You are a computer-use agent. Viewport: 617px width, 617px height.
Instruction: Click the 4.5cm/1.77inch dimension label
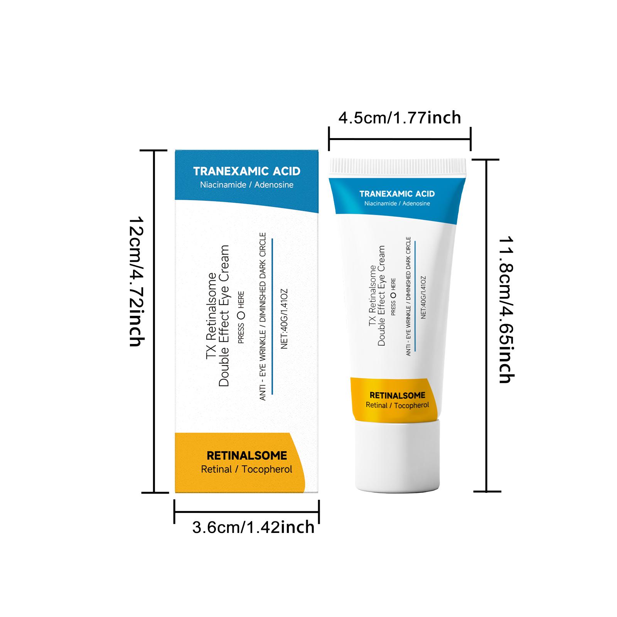(x=400, y=117)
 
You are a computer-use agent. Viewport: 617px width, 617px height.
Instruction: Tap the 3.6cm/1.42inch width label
(x=253, y=527)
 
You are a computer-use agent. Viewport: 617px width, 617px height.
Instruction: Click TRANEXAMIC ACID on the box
(x=246, y=171)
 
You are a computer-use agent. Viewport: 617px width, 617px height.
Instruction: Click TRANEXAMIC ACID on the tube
(x=397, y=194)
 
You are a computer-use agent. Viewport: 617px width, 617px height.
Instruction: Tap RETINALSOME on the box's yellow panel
(x=247, y=455)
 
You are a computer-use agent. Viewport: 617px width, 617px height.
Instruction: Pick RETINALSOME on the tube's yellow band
(x=397, y=395)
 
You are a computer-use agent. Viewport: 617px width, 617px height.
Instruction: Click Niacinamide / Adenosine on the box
(x=246, y=185)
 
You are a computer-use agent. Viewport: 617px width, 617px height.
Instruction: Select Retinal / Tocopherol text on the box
(x=246, y=469)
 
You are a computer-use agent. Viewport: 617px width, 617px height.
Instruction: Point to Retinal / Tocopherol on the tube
(x=397, y=405)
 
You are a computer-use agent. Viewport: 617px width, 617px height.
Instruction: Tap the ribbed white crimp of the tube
(x=398, y=166)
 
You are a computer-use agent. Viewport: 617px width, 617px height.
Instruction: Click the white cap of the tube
(x=397, y=457)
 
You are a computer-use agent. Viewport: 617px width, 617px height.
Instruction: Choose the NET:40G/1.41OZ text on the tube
(x=423, y=297)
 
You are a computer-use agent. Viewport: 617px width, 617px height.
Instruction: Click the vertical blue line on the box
(x=272, y=316)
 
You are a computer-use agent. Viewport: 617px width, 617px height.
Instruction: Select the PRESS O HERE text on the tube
(x=393, y=297)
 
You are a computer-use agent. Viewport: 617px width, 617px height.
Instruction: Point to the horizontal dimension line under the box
(x=247, y=512)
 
